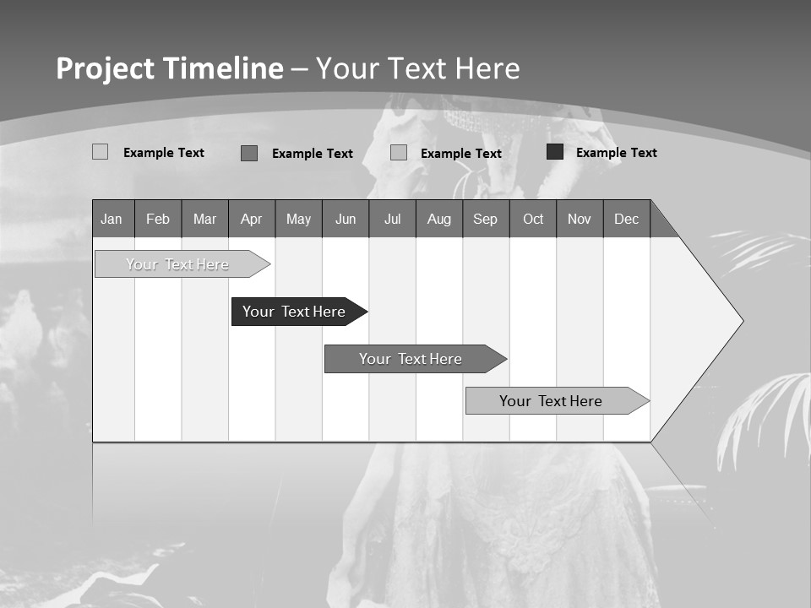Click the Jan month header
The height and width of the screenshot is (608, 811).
pos(112,219)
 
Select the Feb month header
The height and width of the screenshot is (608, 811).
pos(158,219)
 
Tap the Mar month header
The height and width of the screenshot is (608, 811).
pos(204,219)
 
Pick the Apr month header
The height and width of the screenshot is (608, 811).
pos(252,219)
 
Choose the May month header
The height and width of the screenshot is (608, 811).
pos(298,219)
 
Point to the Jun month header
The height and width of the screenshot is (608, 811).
pos(346,219)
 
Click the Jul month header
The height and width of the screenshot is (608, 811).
pos(392,219)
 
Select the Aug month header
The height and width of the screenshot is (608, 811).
pos(439,219)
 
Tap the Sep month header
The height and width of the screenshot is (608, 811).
pos(486,219)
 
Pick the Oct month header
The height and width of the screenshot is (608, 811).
pos(533,219)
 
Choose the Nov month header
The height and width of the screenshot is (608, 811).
pos(580,219)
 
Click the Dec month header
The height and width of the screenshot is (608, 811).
pos(627,219)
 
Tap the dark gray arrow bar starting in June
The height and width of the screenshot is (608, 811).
pos(411,359)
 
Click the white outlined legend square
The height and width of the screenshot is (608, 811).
pos(100,152)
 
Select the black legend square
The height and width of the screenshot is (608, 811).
pos(555,152)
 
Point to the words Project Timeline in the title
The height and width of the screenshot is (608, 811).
pos(170,68)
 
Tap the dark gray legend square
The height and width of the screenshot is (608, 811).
pos(249,153)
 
